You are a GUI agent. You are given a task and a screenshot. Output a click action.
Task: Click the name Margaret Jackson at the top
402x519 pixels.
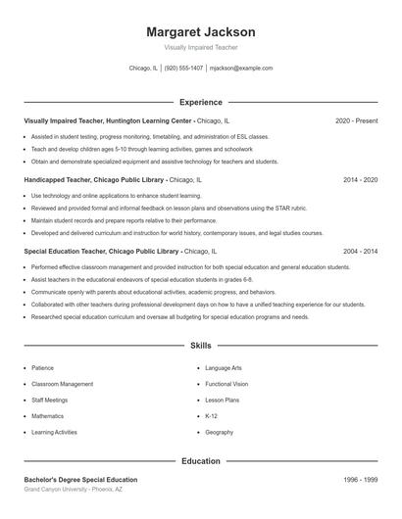tap(200, 32)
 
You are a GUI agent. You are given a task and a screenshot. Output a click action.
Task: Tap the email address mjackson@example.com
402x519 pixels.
tap(241, 69)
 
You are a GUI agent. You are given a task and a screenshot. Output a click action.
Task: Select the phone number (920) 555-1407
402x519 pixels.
tap(184, 69)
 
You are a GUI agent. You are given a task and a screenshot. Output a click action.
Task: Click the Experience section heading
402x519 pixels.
tap(200, 102)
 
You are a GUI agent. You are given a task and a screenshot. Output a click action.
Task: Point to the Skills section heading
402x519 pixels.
tap(200, 346)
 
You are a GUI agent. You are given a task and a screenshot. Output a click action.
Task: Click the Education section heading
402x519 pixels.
tap(200, 460)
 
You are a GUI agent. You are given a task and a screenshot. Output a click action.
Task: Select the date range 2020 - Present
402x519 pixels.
tap(356, 120)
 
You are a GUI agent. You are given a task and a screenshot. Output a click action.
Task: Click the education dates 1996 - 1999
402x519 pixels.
tap(361, 480)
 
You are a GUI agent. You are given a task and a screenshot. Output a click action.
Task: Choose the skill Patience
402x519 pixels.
tap(42, 368)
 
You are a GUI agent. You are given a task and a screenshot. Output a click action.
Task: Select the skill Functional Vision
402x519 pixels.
tap(226, 384)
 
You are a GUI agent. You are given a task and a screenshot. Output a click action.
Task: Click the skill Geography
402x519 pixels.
tap(219, 432)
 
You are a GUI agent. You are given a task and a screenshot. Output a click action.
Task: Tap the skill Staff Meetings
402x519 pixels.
tap(50, 400)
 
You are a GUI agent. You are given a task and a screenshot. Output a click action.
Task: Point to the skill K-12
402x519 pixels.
tap(213, 416)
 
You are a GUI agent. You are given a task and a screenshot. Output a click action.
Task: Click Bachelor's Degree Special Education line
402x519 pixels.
tap(80, 480)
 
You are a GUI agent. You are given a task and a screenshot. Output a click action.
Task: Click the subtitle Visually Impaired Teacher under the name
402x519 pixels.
tap(200, 47)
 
